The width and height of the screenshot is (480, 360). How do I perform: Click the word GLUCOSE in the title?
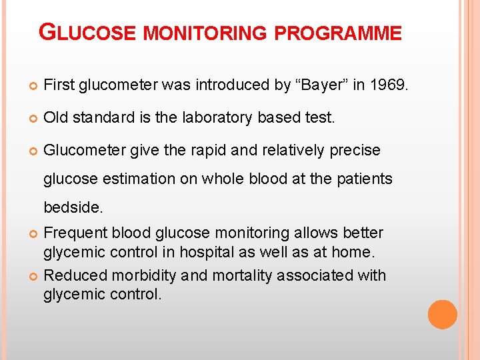(x=88, y=33)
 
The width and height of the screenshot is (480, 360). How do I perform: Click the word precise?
(x=355, y=150)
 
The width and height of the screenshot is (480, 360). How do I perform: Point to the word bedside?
(x=73, y=207)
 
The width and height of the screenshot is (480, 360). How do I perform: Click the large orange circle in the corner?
(x=442, y=315)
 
